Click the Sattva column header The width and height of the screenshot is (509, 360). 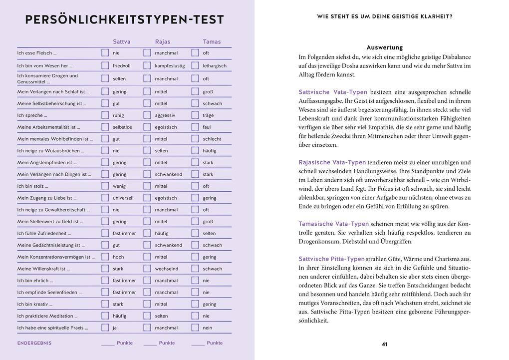(121, 42)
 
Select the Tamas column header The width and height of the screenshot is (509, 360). (212, 42)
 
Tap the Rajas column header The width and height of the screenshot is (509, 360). (163, 42)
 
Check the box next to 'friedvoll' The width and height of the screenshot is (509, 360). (105, 65)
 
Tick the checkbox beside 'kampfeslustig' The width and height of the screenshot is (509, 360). (147, 65)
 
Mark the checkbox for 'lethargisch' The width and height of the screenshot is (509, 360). (195, 65)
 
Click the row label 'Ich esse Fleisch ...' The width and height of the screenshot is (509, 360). (37, 53)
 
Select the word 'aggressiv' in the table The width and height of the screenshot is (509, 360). (165, 115)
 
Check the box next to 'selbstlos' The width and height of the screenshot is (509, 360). (105, 127)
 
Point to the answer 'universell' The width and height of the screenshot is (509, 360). (123, 198)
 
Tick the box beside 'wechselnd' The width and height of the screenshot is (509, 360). (147, 269)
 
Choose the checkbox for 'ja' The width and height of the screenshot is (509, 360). (105, 328)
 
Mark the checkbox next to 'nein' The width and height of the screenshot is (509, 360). (195, 328)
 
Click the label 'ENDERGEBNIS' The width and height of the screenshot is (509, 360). (34, 344)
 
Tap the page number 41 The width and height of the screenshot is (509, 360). (384, 344)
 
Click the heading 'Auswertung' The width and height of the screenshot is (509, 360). (384, 47)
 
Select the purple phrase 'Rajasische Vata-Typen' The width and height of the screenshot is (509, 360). (332, 162)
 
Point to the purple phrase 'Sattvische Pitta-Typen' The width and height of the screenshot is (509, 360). (331, 259)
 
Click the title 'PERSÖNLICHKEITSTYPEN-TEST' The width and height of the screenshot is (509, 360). (125, 20)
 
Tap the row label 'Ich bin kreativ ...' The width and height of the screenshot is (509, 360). (35, 304)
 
